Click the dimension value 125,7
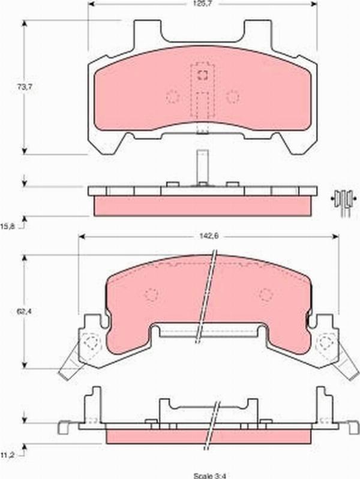click(x=201, y=4)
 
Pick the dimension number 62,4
click(x=24, y=312)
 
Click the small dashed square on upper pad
click(x=202, y=75)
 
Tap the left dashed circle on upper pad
click(x=172, y=96)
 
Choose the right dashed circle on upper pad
click(x=233, y=96)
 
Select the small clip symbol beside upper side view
click(x=344, y=200)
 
